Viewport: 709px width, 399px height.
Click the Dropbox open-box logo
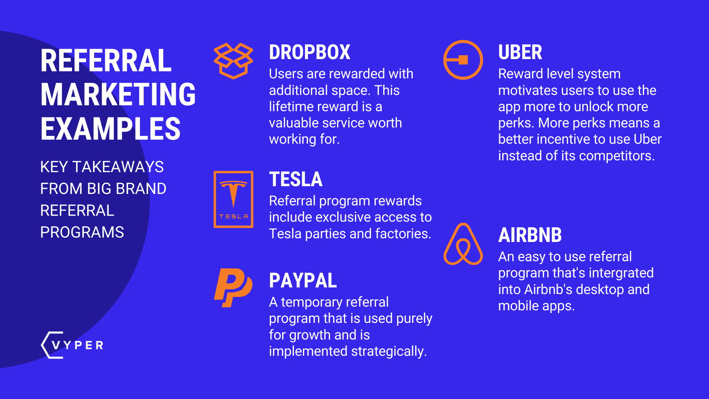[x=233, y=61]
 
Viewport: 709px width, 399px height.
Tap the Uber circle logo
[x=463, y=60]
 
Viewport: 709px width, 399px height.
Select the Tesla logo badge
[x=233, y=199]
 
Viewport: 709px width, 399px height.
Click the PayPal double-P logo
[x=233, y=288]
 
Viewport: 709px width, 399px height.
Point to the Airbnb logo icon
[x=463, y=245]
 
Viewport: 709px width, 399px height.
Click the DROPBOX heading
[x=309, y=52]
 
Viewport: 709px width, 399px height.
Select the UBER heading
[x=520, y=52]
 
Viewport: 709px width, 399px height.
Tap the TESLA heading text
[x=295, y=180]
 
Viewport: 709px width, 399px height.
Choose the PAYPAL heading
[x=303, y=280]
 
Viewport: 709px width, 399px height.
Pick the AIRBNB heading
[x=530, y=235]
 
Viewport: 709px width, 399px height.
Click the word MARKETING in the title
[x=118, y=95]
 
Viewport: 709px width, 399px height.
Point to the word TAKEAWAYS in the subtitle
[x=118, y=167]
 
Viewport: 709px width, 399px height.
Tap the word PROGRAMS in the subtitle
[x=82, y=232]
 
